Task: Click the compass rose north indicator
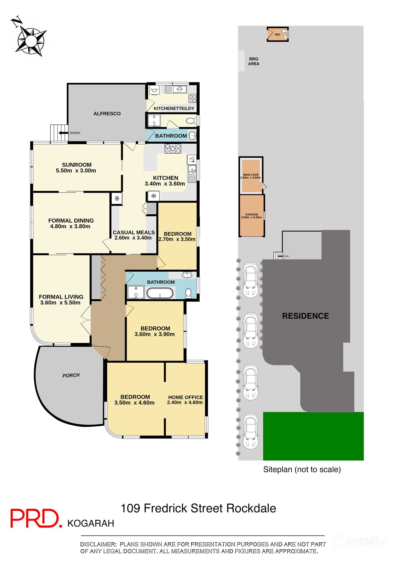coord(17,21)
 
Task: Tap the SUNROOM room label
coord(77,165)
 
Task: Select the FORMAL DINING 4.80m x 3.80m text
coord(71,224)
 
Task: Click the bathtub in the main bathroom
coord(160,293)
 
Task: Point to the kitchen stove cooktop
coord(172,149)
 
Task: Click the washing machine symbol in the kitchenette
coord(154,90)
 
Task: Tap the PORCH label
coord(71,375)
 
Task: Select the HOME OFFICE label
coord(185,397)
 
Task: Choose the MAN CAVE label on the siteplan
coord(251,175)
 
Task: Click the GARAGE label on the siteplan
coord(251,214)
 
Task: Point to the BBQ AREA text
coord(253,61)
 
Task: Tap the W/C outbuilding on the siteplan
coord(277,34)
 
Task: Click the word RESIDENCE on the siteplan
coord(305,316)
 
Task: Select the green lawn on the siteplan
coord(313,436)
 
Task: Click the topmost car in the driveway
coord(251,280)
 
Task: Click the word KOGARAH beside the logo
coord(91,524)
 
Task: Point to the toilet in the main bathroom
coord(188,293)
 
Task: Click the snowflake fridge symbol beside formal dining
coord(117,198)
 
